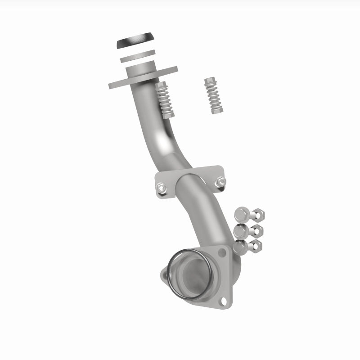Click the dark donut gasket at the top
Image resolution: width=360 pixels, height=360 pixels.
[134, 43]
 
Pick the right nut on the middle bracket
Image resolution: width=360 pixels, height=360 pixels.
[220, 182]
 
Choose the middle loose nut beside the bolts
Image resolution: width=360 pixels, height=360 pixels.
[257, 230]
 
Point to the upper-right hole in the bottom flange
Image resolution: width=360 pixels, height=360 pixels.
[222, 253]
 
